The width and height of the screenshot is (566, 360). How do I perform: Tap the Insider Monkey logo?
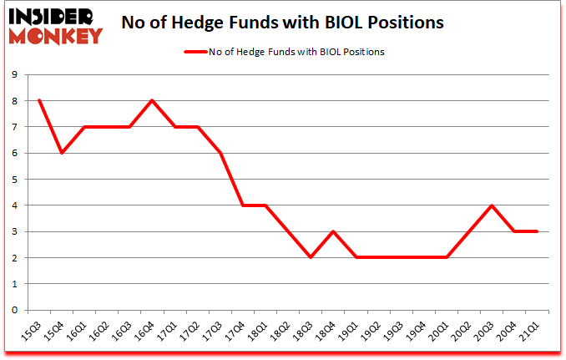pyautogui.click(x=55, y=23)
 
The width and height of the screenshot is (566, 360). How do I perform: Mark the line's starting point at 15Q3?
pyautogui.click(x=38, y=100)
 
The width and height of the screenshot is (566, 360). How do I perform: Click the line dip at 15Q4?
pyautogui.click(x=61, y=153)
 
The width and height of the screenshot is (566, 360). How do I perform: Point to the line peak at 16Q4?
pyautogui.click(x=152, y=100)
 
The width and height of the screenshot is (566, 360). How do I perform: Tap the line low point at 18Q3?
pyautogui.click(x=311, y=257)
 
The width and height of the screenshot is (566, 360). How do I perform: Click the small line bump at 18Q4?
pyautogui.click(x=334, y=231)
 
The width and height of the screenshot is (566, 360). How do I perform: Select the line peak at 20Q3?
pyautogui.click(x=493, y=205)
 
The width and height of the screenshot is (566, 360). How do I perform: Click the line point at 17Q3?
pyautogui.click(x=220, y=153)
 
